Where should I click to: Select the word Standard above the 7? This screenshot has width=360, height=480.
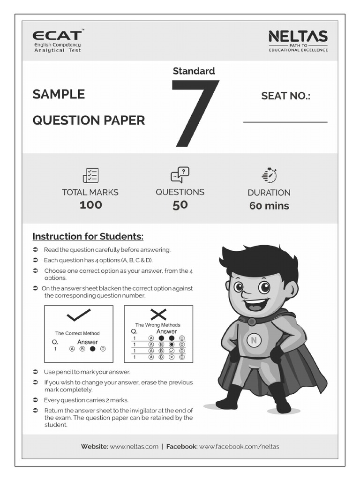(194, 71)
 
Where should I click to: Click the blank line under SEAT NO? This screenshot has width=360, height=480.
(285, 122)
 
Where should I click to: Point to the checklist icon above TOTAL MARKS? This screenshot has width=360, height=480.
(90, 175)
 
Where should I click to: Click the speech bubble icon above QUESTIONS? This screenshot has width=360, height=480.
(180, 175)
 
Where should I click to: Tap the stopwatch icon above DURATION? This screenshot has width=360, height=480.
(269, 175)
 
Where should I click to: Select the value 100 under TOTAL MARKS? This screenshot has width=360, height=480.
(90, 205)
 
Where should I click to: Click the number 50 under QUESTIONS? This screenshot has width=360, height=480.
(180, 205)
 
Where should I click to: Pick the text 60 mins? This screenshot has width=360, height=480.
(269, 206)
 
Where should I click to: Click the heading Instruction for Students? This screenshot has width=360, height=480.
(88, 236)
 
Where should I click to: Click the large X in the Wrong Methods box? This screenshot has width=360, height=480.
(158, 314)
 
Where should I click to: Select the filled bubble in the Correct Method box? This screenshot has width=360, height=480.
(92, 349)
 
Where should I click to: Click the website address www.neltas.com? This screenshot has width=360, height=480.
(134, 447)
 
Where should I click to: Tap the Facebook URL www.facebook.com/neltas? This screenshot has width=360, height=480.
(239, 447)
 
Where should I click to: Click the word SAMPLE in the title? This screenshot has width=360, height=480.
(59, 94)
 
